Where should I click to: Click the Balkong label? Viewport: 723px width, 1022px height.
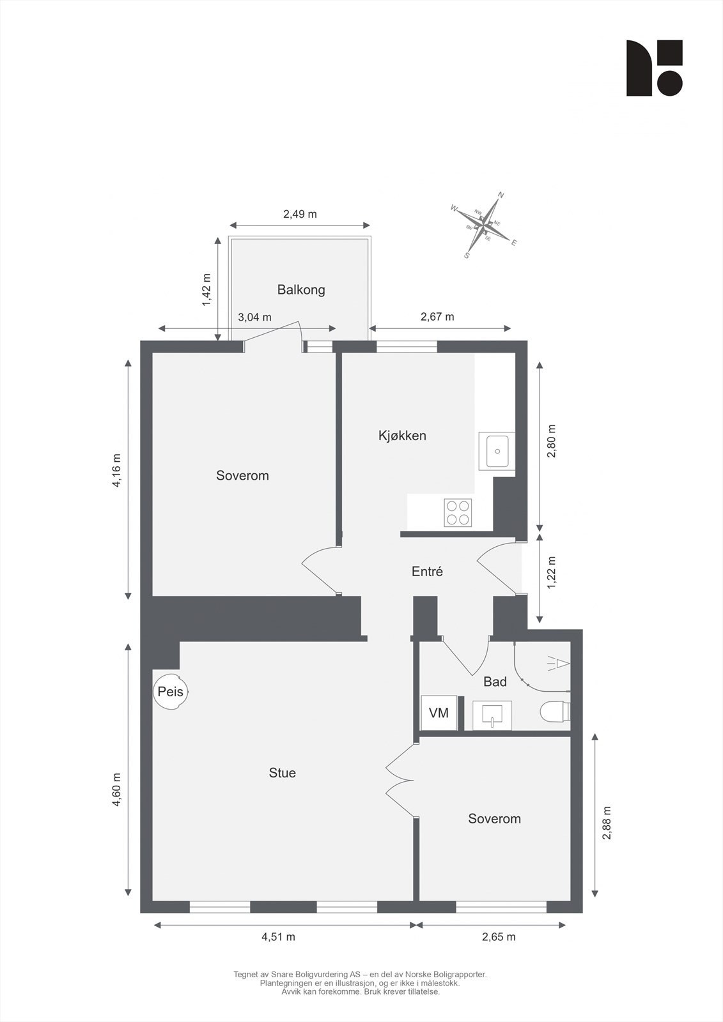301,289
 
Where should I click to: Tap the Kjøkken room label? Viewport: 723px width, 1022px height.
402,436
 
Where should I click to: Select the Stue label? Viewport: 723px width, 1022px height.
282,773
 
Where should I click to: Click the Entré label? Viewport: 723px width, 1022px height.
427,572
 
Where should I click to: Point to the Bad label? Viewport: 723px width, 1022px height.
495,682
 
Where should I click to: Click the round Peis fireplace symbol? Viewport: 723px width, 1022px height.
171,692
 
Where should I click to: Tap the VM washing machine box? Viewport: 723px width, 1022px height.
439,713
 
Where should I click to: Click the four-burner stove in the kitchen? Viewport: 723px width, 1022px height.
458,513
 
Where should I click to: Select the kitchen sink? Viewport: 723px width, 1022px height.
497,452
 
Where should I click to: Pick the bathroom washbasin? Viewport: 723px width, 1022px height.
492,715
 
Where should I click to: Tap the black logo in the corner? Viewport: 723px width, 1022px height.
654,68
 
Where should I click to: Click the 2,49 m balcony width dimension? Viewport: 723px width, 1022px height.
300,214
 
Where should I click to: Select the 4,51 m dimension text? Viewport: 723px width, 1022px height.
278,937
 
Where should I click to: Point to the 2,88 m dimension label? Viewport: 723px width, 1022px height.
607,823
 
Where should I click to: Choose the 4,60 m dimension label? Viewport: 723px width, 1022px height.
117,790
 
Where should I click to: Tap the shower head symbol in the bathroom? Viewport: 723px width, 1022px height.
559,664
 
